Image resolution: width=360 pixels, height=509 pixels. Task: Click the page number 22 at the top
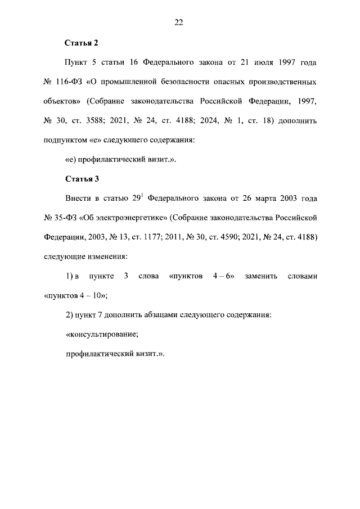click(179, 22)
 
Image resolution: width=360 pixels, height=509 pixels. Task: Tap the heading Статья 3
click(82, 179)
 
